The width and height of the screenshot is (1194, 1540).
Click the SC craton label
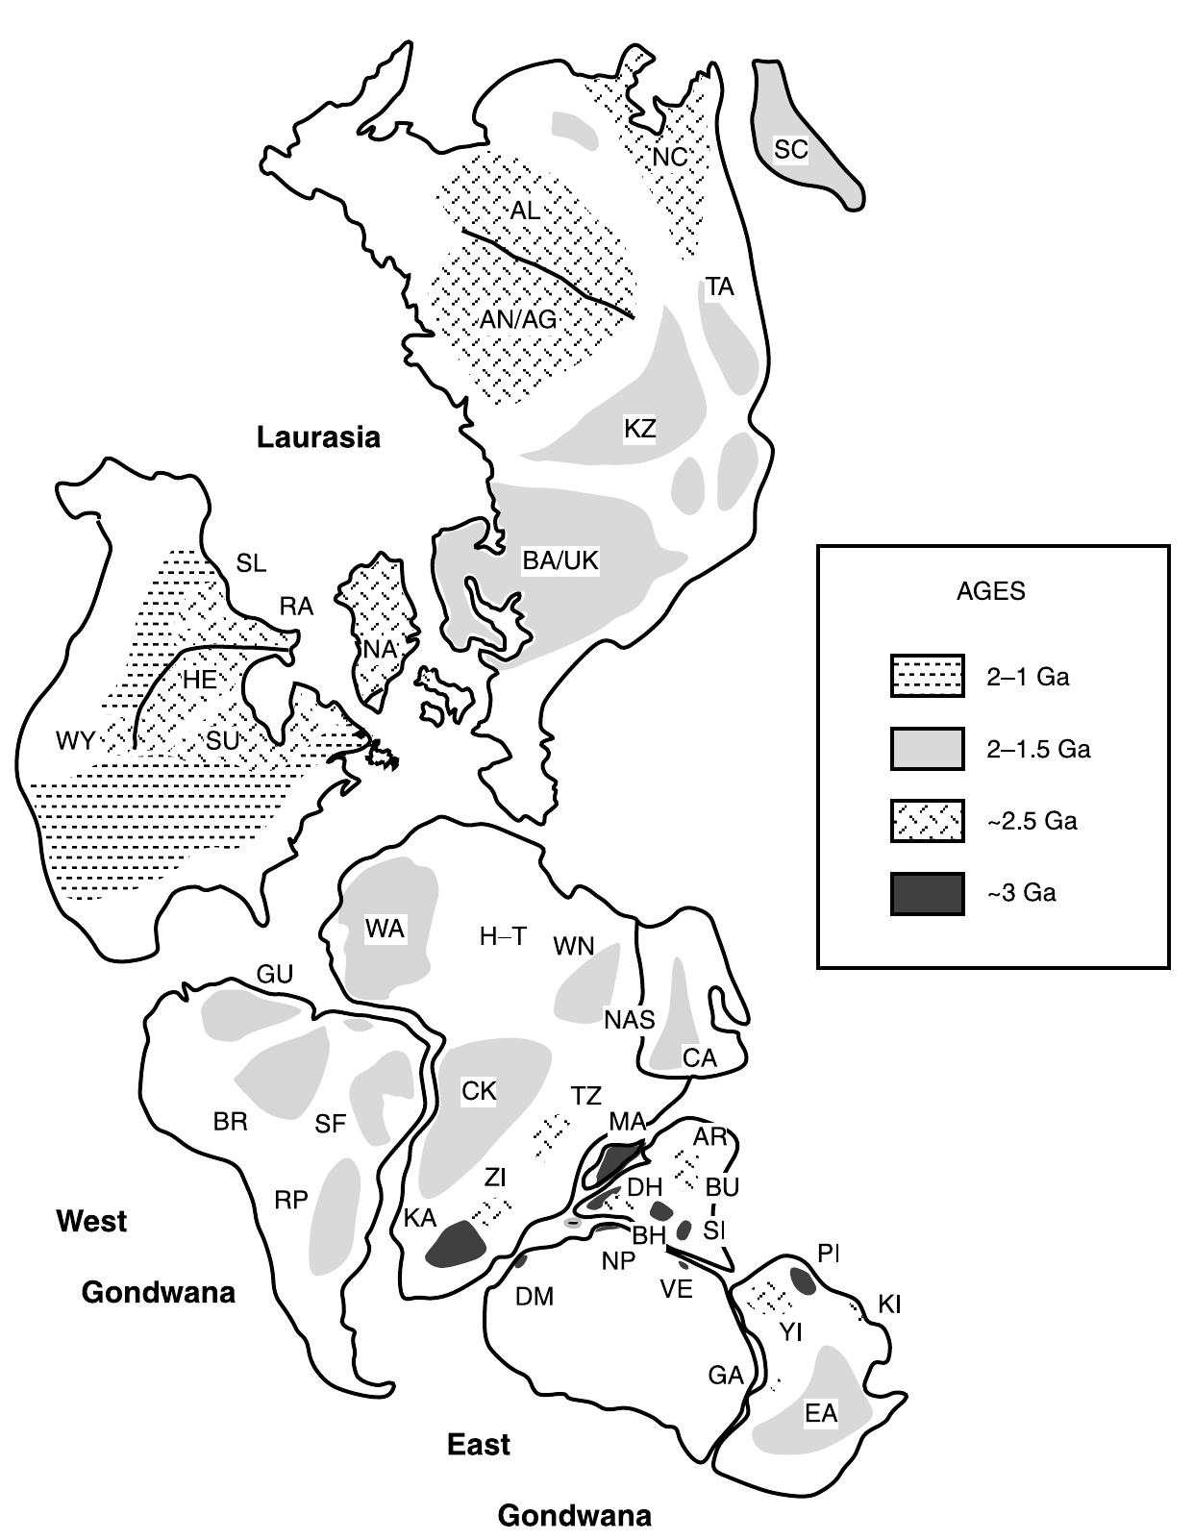[x=790, y=149]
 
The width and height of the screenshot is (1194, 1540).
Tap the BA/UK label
[x=560, y=560]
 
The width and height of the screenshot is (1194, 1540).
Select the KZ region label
[x=639, y=429]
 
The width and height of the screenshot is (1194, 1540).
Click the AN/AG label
[x=518, y=319]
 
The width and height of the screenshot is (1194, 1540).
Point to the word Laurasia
[x=318, y=437]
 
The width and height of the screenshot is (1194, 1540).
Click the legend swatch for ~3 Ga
[x=927, y=893]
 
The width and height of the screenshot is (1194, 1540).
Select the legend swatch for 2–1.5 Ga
[x=927, y=749]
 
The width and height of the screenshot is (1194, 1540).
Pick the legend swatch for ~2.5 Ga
[x=927, y=821]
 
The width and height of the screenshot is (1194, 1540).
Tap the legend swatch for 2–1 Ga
[x=927, y=677]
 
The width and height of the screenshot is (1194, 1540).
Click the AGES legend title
[x=991, y=591]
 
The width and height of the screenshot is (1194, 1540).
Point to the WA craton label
[x=385, y=929]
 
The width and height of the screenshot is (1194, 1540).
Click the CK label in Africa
[x=479, y=1091]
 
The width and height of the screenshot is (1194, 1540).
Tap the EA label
[x=821, y=1413]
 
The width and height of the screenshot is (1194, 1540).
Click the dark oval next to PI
[x=803, y=1279]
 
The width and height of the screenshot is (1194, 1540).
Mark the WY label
[x=75, y=740]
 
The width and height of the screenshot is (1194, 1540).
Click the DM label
[x=535, y=1297]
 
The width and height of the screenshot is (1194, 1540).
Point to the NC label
[x=670, y=156]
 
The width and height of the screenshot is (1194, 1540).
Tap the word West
[x=91, y=1221]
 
